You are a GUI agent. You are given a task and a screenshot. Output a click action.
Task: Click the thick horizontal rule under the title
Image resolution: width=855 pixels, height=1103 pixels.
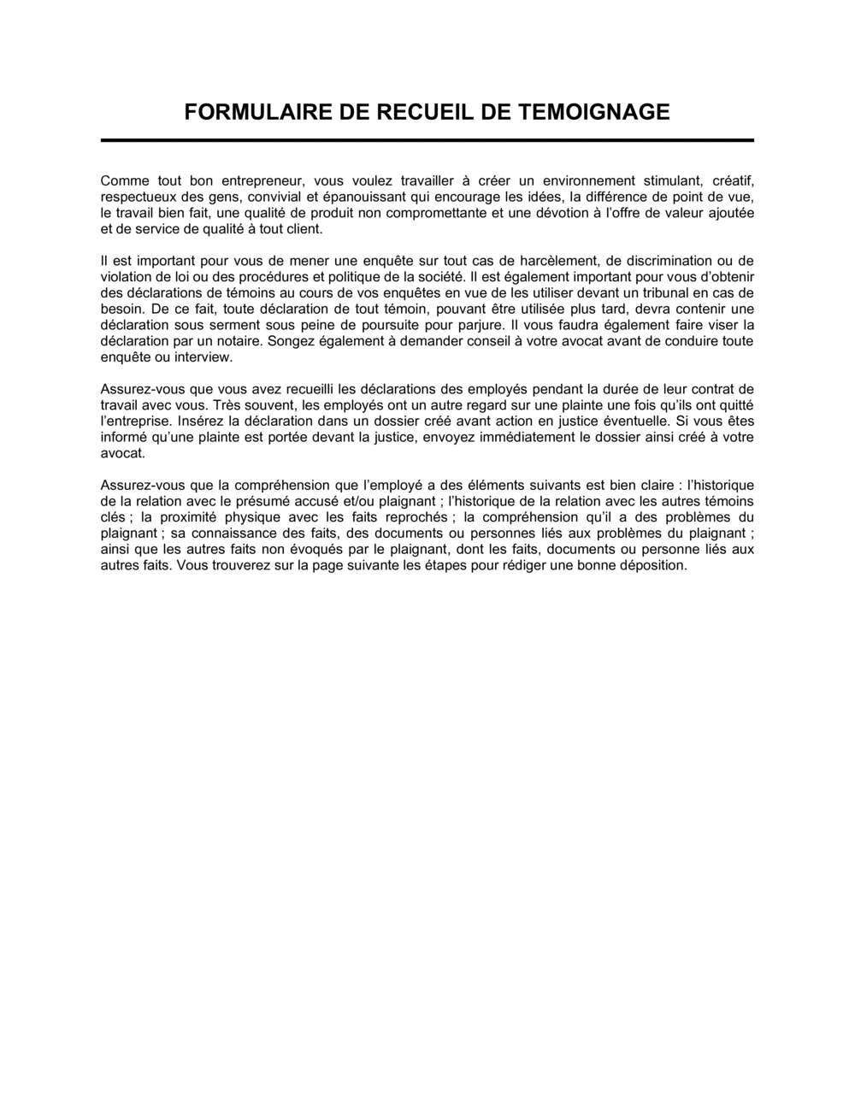[x=427, y=139]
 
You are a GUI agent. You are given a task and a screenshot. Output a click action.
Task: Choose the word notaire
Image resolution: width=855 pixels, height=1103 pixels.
[x=232, y=340]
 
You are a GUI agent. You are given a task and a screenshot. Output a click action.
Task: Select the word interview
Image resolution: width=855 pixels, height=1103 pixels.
[x=205, y=357]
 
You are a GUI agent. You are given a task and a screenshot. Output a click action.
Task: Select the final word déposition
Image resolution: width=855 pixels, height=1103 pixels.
[x=655, y=565]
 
